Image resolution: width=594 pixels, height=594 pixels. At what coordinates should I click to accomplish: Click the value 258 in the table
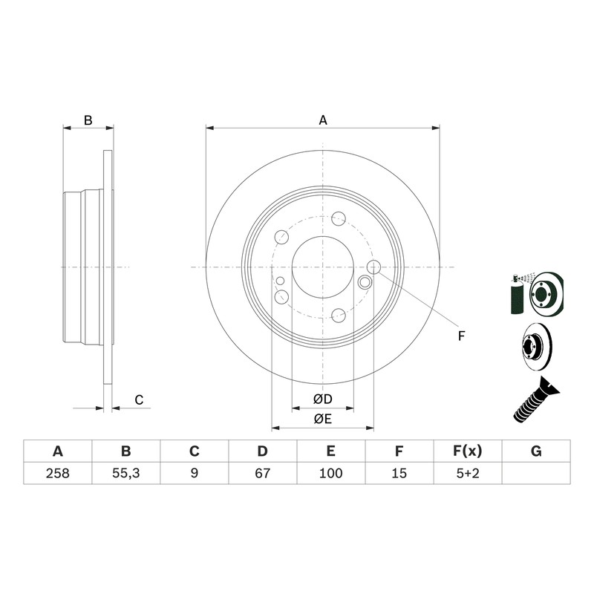pyautogui.click(x=58, y=473)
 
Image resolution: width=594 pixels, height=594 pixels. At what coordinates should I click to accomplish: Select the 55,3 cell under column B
pyautogui.click(x=125, y=473)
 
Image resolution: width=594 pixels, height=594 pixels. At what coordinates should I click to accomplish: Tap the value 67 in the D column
pyautogui.click(x=263, y=473)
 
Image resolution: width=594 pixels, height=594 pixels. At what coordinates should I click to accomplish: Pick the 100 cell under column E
pyautogui.click(x=330, y=473)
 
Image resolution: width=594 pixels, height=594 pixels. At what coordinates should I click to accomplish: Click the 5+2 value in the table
pyautogui.click(x=468, y=473)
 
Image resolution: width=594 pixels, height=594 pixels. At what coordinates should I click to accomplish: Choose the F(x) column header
pyautogui.click(x=468, y=451)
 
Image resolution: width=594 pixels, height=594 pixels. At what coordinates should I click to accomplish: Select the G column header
pyautogui.click(x=536, y=451)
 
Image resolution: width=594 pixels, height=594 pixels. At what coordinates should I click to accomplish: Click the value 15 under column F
pyautogui.click(x=399, y=473)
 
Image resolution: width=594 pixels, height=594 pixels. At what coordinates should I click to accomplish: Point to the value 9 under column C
pyautogui.click(x=195, y=473)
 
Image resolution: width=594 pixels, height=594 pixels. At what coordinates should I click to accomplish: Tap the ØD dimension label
pyautogui.click(x=323, y=399)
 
